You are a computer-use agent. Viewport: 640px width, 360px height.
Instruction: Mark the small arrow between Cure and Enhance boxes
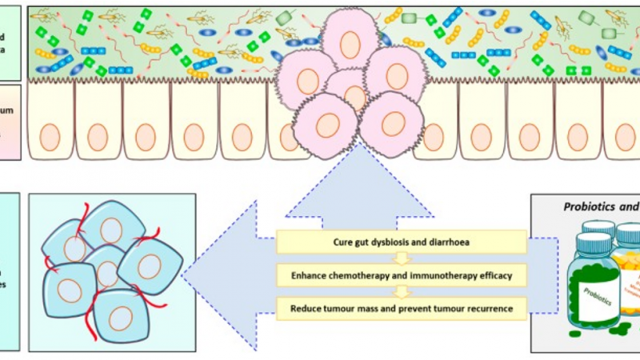coord(402,258)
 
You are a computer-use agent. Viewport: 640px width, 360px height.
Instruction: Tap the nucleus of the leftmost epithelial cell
coord(48,136)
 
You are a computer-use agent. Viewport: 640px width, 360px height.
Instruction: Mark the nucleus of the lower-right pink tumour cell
coord(393,124)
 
